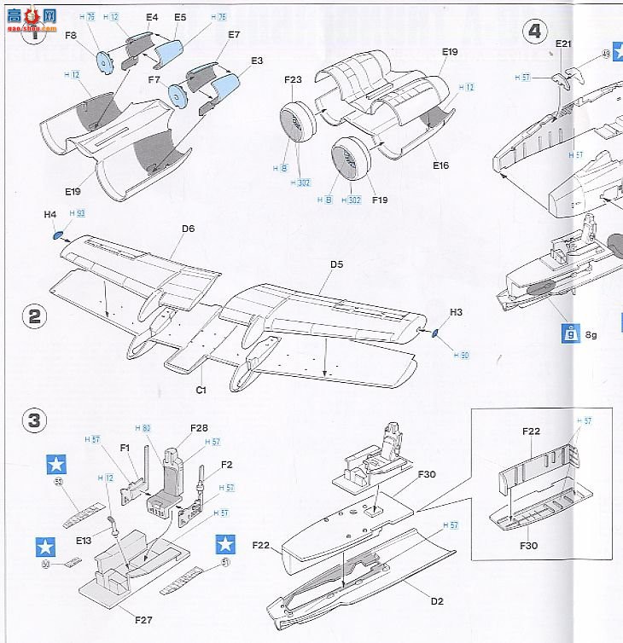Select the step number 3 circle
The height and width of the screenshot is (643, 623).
click(x=34, y=420)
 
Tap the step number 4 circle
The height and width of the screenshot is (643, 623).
click(x=535, y=32)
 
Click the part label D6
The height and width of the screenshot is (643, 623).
click(x=188, y=229)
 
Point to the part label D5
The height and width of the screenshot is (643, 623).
click(x=336, y=264)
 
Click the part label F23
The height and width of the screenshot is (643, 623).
click(x=294, y=80)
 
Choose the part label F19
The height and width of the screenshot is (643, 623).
click(x=380, y=200)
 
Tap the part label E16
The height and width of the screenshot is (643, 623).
click(x=440, y=165)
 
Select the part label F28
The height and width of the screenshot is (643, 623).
click(x=200, y=428)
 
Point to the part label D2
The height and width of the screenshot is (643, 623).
click(x=437, y=601)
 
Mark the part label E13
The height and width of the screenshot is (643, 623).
click(x=83, y=540)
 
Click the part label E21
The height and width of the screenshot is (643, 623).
click(x=563, y=43)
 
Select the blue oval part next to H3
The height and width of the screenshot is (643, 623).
click(x=434, y=333)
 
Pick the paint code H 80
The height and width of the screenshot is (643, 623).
click(x=143, y=428)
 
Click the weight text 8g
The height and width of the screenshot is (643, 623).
click(x=591, y=334)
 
